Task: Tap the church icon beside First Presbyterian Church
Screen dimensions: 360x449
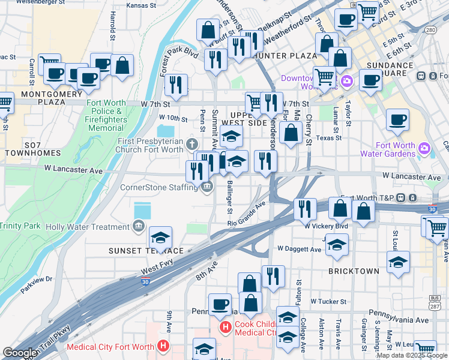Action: pos(191,143)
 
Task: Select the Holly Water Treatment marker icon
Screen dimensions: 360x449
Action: pos(139,226)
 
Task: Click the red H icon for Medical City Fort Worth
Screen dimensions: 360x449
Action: pos(162,346)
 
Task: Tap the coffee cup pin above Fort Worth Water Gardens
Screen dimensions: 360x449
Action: pos(397,119)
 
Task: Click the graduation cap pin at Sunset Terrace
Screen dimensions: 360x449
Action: pos(160,237)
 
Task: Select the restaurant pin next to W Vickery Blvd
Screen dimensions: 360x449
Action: pos(305,208)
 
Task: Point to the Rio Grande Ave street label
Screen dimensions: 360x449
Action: pos(246,215)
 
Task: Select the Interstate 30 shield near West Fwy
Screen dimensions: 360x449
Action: pos(146,281)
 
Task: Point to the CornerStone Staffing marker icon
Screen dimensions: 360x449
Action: pos(206,187)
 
